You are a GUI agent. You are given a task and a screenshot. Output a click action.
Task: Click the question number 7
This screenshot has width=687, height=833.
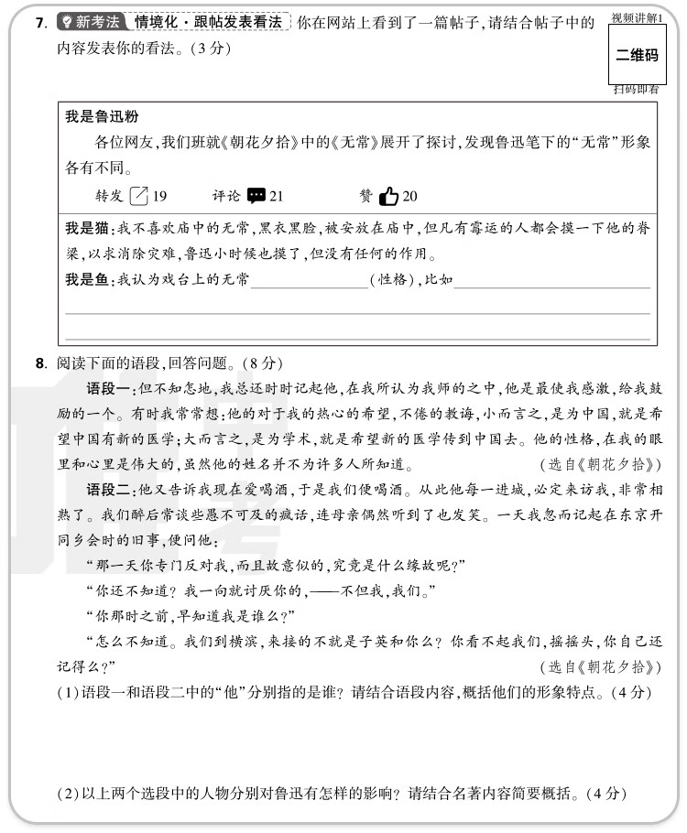coord(40,22)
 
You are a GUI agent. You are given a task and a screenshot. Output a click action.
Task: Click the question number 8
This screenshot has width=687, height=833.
coord(40,363)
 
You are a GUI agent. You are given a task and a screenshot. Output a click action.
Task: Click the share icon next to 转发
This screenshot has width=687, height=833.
coord(139,195)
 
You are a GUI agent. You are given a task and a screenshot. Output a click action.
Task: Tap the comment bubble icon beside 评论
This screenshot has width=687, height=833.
coord(256,195)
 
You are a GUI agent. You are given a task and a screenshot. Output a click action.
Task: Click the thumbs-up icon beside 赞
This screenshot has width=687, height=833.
coord(388,195)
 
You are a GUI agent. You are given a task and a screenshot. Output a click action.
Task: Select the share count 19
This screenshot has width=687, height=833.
coord(159,195)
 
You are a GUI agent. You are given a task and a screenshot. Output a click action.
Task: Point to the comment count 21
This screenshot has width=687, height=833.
coord(277,195)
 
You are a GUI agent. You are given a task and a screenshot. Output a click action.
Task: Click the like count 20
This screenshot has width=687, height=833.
coord(409,195)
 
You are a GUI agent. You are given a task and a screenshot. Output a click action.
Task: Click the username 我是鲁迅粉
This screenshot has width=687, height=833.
coord(102,116)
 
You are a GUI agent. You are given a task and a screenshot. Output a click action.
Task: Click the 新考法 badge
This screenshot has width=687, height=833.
coord(90,21)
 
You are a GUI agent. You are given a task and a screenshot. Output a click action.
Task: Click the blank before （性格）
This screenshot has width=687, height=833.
coord(309,280)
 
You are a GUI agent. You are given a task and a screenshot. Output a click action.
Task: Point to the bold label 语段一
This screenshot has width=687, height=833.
coord(109,388)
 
